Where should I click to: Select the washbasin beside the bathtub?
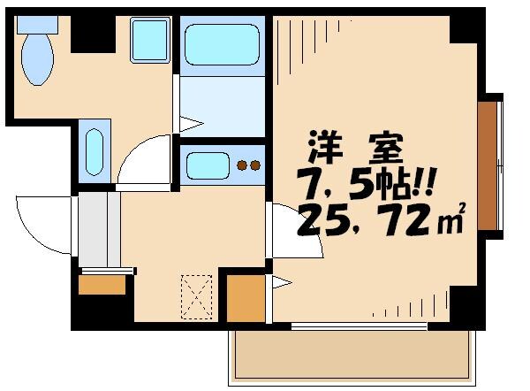click(149, 40)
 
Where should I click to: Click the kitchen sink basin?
click(204, 165)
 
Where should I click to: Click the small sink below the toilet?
click(95, 151)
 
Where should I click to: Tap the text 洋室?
click(354, 145)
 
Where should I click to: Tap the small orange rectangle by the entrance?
click(102, 284)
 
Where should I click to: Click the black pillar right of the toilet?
click(88, 34)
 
